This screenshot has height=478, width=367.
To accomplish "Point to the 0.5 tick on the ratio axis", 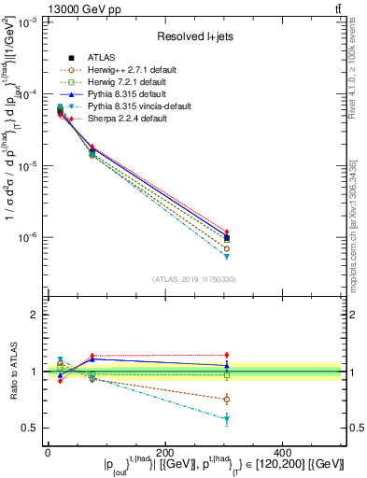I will pyautogui.click(x=32, y=429).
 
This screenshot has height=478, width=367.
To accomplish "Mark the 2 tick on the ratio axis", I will pyautogui.click(x=35, y=315).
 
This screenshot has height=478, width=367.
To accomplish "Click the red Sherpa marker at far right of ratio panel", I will pyautogui.click(x=285, y=355).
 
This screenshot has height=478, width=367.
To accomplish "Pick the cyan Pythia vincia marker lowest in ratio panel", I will pyautogui.click(x=285, y=419).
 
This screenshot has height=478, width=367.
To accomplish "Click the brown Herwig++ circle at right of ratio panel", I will pyautogui.click(x=285, y=400).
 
